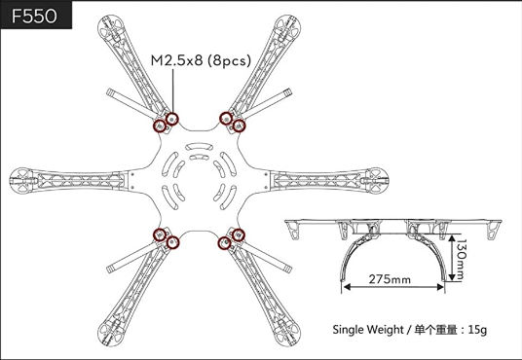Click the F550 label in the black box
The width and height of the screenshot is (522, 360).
pos(34,16)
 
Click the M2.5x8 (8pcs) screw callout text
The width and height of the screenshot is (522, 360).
pos(201,60)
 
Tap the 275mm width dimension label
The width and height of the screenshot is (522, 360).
pos(390,279)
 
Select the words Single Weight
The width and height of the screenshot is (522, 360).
pos(368,330)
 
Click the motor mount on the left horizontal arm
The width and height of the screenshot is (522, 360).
pos(21,181)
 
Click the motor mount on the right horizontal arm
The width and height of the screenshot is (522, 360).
pos(377,181)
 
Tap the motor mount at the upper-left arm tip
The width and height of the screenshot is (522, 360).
pos(110,27)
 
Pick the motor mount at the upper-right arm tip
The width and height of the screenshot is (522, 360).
pos(288,27)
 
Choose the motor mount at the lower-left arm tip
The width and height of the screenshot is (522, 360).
pos(110,334)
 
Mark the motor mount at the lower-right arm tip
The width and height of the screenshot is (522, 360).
pos(288,334)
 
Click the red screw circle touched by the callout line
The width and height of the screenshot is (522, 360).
pos(172,119)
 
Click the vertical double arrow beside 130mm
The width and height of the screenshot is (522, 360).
pos(452,258)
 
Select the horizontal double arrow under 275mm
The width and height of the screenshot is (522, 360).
pos(393,287)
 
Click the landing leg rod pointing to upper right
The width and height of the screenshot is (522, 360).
pos(266,103)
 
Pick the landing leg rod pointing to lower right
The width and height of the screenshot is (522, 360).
pos(266,258)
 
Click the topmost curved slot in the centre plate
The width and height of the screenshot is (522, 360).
pos(199,146)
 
